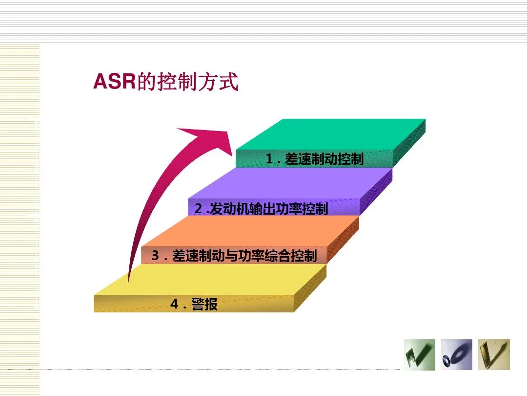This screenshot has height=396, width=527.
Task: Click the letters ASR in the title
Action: (x=114, y=82)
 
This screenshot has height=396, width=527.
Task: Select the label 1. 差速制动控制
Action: (x=314, y=159)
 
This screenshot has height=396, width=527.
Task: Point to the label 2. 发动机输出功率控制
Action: (x=261, y=209)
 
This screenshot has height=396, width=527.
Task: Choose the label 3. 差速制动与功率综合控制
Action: (x=234, y=255)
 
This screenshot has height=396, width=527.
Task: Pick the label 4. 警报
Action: (x=194, y=304)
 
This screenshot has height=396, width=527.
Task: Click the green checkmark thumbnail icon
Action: (x=419, y=354)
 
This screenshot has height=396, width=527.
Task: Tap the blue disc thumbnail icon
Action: (x=457, y=354)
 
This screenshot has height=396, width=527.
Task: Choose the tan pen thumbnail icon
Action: (x=494, y=354)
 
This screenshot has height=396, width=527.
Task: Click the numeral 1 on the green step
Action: (x=269, y=159)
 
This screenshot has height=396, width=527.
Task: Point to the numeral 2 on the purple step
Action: (x=198, y=209)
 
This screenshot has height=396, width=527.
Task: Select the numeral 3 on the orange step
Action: (x=155, y=255)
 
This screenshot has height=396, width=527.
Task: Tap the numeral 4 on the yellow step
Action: (x=174, y=304)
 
